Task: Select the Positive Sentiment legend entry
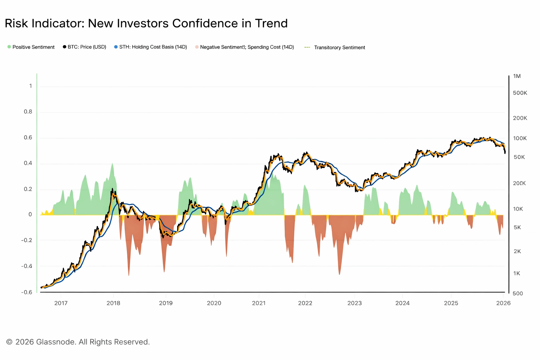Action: (33, 47)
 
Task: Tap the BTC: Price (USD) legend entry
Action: (87, 47)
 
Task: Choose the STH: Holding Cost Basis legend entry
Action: (153, 47)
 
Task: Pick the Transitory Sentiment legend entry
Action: (339, 47)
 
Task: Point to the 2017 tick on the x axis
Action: (61, 303)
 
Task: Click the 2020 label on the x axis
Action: (214, 303)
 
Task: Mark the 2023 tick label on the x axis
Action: (354, 303)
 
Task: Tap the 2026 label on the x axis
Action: (503, 303)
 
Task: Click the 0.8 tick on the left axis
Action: (28, 112)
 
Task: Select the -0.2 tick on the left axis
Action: (27, 240)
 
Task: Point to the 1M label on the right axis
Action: (517, 76)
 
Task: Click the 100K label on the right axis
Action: (520, 139)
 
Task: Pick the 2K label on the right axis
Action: (517, 251)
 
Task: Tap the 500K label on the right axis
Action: (520, 93)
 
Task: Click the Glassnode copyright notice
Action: (78, 342)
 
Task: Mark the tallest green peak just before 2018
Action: (112, 163)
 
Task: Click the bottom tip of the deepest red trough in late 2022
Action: (339, 275)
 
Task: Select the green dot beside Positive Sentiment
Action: (9, 47)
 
